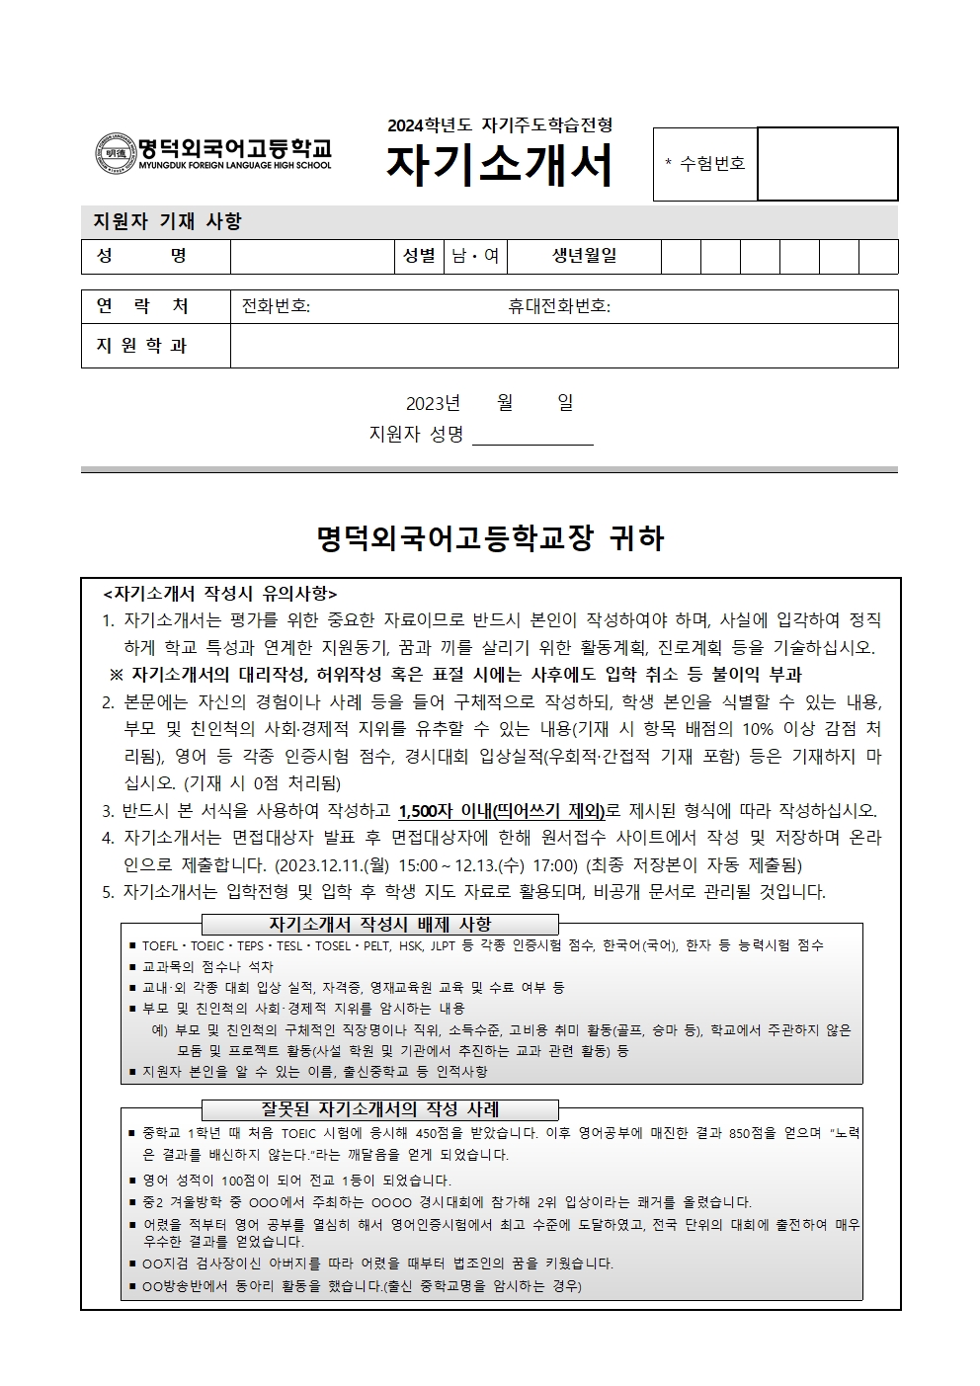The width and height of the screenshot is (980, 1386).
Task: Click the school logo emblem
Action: pos(115,153)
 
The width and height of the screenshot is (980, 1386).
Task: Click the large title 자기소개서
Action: pos(499,166)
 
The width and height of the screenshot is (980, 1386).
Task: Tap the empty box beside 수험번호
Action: pos(827,164)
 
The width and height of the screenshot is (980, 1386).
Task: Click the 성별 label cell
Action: pos(419,256)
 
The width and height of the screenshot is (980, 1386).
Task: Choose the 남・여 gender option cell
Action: pos(475,257)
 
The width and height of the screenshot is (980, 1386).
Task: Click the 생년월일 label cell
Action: pos(584,256)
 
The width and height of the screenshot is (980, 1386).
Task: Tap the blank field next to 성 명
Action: pos(312,257)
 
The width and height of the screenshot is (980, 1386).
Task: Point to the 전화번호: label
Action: pos(276,306)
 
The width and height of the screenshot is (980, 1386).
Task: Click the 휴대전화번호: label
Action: pos(558,306)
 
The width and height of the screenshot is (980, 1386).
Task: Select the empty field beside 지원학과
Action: pos(563,346)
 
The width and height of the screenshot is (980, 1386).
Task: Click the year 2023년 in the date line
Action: pos(433,403)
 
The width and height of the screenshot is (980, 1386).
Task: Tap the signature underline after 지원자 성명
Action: pos(532,436)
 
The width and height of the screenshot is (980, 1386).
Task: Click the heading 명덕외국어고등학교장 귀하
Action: pos(490,538)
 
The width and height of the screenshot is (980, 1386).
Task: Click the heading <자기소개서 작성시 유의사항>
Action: pos(220,594)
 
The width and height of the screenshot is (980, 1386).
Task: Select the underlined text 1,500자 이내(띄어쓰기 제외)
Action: pos(502,811)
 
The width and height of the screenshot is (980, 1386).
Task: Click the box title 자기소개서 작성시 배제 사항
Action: pos(380,925)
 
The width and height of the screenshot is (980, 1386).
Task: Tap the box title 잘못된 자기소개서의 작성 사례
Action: pos(380,1109)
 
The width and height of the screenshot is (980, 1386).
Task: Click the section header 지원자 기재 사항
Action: pos(167,221)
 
